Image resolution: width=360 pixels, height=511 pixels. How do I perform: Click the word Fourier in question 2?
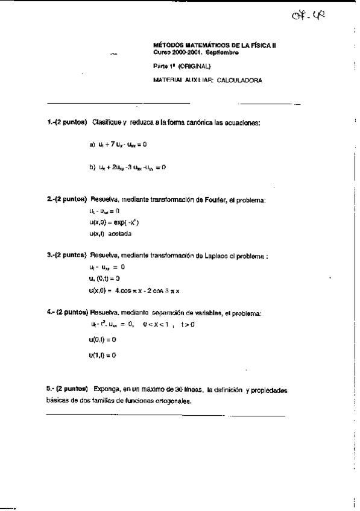click(211, 199)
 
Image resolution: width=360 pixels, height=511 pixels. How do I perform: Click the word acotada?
click(119, 233)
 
